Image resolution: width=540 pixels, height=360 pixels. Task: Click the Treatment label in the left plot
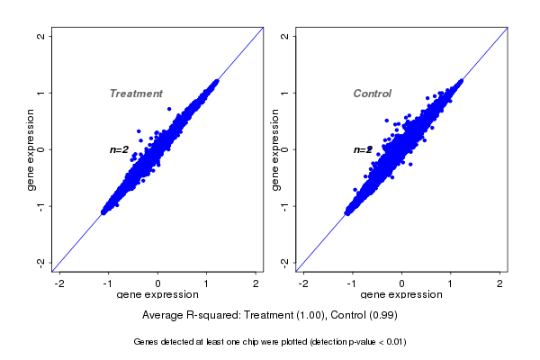pyautogui.click(x=136, y=94)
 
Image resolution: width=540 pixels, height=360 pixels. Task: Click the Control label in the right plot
pyautogui.click(x=373, y=94)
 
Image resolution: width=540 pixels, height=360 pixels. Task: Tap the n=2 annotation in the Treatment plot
pyautogui.click(x=120, y=149)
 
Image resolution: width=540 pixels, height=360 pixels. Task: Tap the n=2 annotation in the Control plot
pyautogui.click(x=363, y=149)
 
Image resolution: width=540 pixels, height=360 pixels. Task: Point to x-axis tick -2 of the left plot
pyautogui.click(x=60, y=283)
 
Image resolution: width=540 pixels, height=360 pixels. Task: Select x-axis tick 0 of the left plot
pyautogui.click(x=158, y=283)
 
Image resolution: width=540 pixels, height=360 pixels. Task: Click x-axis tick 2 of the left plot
pyautogui.click(x=256, y=283)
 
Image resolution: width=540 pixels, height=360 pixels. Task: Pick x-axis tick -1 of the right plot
pyautogui.click(x=353, y=283)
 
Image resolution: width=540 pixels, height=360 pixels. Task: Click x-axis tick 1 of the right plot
pyautogui.click(x=451, y=283)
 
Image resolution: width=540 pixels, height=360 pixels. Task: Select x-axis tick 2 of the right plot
pyautogui.click(x=500, y=283)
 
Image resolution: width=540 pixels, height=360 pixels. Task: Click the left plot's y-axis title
pyautogui.click(x=31, y=149)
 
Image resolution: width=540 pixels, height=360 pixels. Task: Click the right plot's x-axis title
pyautogui.click(x=401, y=295)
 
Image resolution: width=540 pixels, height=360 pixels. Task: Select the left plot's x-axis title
pyautogui.click(x=158, y=295)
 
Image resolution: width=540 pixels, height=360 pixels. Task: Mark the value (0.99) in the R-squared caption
pyautogui.click(x=382, y=316)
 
